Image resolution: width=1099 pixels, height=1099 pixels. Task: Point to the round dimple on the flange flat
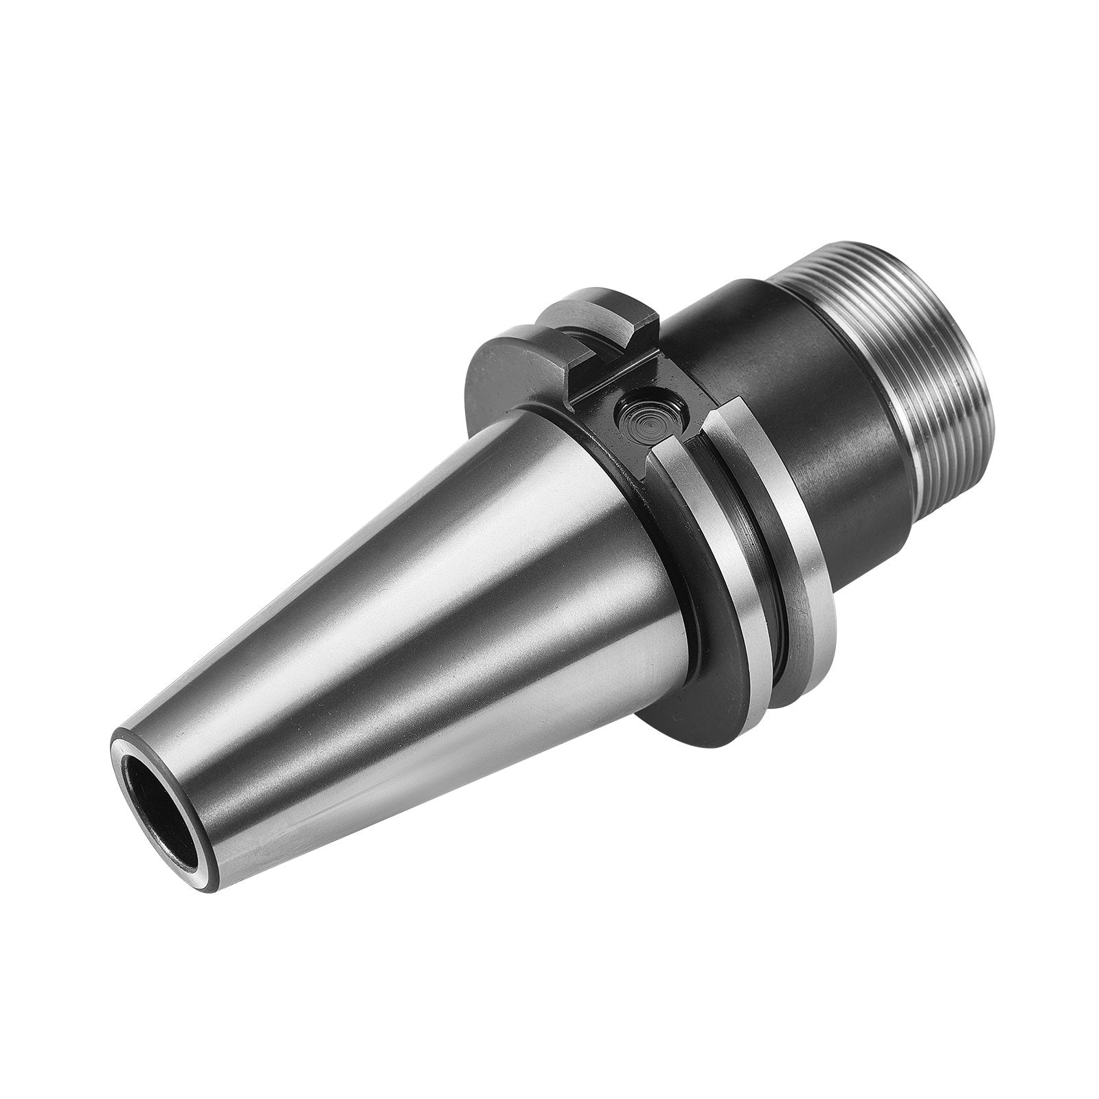(x=648, y=479)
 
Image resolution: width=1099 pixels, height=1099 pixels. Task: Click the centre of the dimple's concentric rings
(x=648, y=479)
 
